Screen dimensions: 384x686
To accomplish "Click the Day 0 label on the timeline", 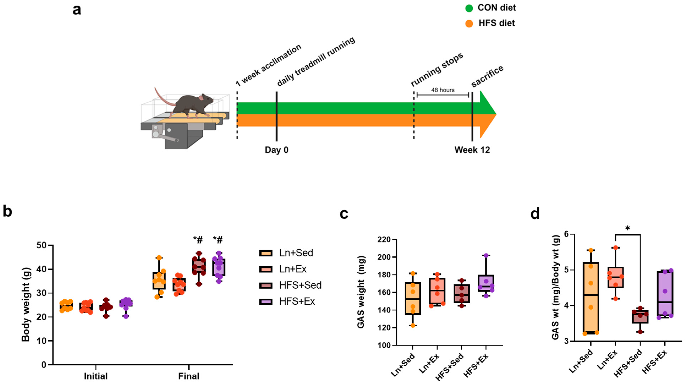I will (x=276, y=150).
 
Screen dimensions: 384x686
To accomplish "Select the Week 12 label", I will (x=472, y=150).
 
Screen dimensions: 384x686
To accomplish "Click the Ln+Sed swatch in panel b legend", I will (x=265, y=253).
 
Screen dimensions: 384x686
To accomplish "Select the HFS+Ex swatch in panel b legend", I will (x=265, y=302).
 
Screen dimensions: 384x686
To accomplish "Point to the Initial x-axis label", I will (x=96, y=376).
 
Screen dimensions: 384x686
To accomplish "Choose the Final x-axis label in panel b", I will (x=189, y=376).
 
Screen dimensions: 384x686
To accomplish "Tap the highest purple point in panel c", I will (x=486, y=255).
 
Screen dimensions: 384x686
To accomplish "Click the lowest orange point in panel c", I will (x=413, y=325).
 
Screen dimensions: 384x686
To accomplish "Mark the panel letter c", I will (x=344, y=214).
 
